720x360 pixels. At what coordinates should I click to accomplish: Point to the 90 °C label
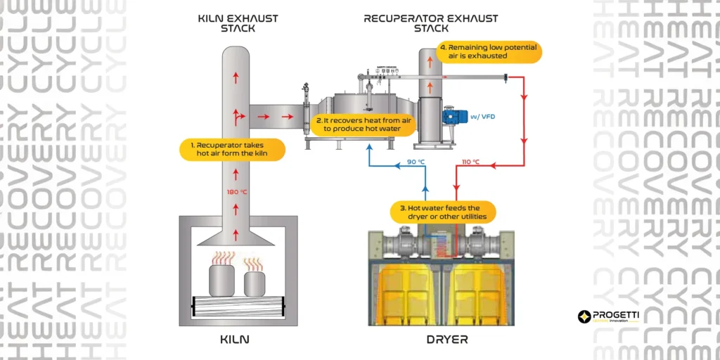[418, 163]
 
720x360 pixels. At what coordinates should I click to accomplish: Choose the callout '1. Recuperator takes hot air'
[231, 149]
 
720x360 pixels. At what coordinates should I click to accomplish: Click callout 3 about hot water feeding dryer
[443, 212]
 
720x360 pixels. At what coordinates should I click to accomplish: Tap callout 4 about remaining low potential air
[488, 51]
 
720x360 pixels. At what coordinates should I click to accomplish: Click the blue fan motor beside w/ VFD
[450, 117]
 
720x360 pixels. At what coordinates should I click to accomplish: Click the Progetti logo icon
[583, 317]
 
